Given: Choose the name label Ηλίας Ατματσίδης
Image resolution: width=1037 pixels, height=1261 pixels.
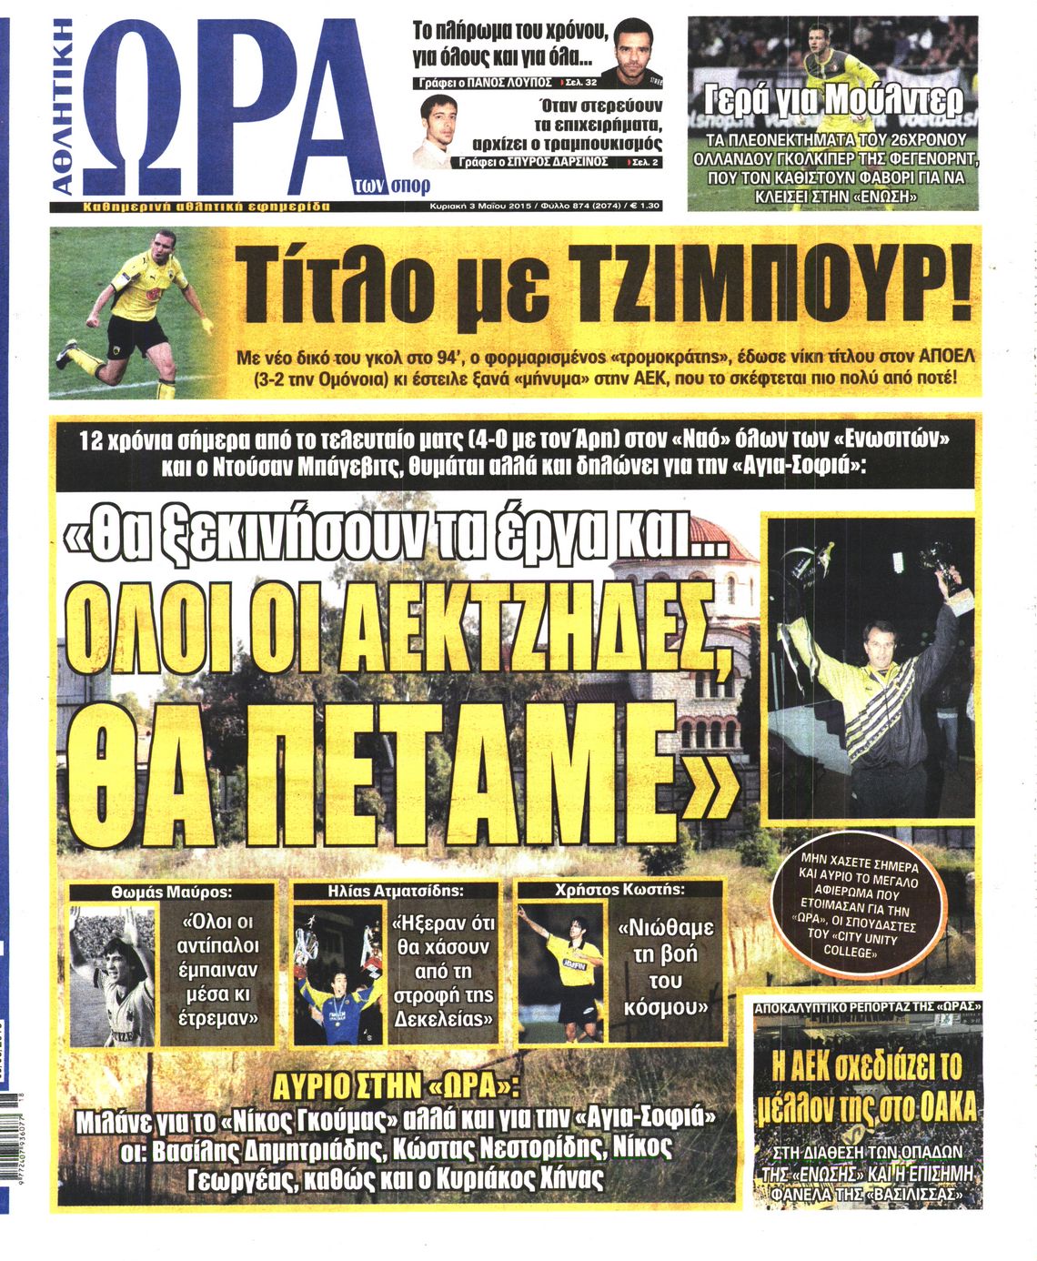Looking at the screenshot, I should point(396,892).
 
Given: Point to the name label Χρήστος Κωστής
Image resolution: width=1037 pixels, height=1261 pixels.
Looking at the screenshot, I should point(619,891).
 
